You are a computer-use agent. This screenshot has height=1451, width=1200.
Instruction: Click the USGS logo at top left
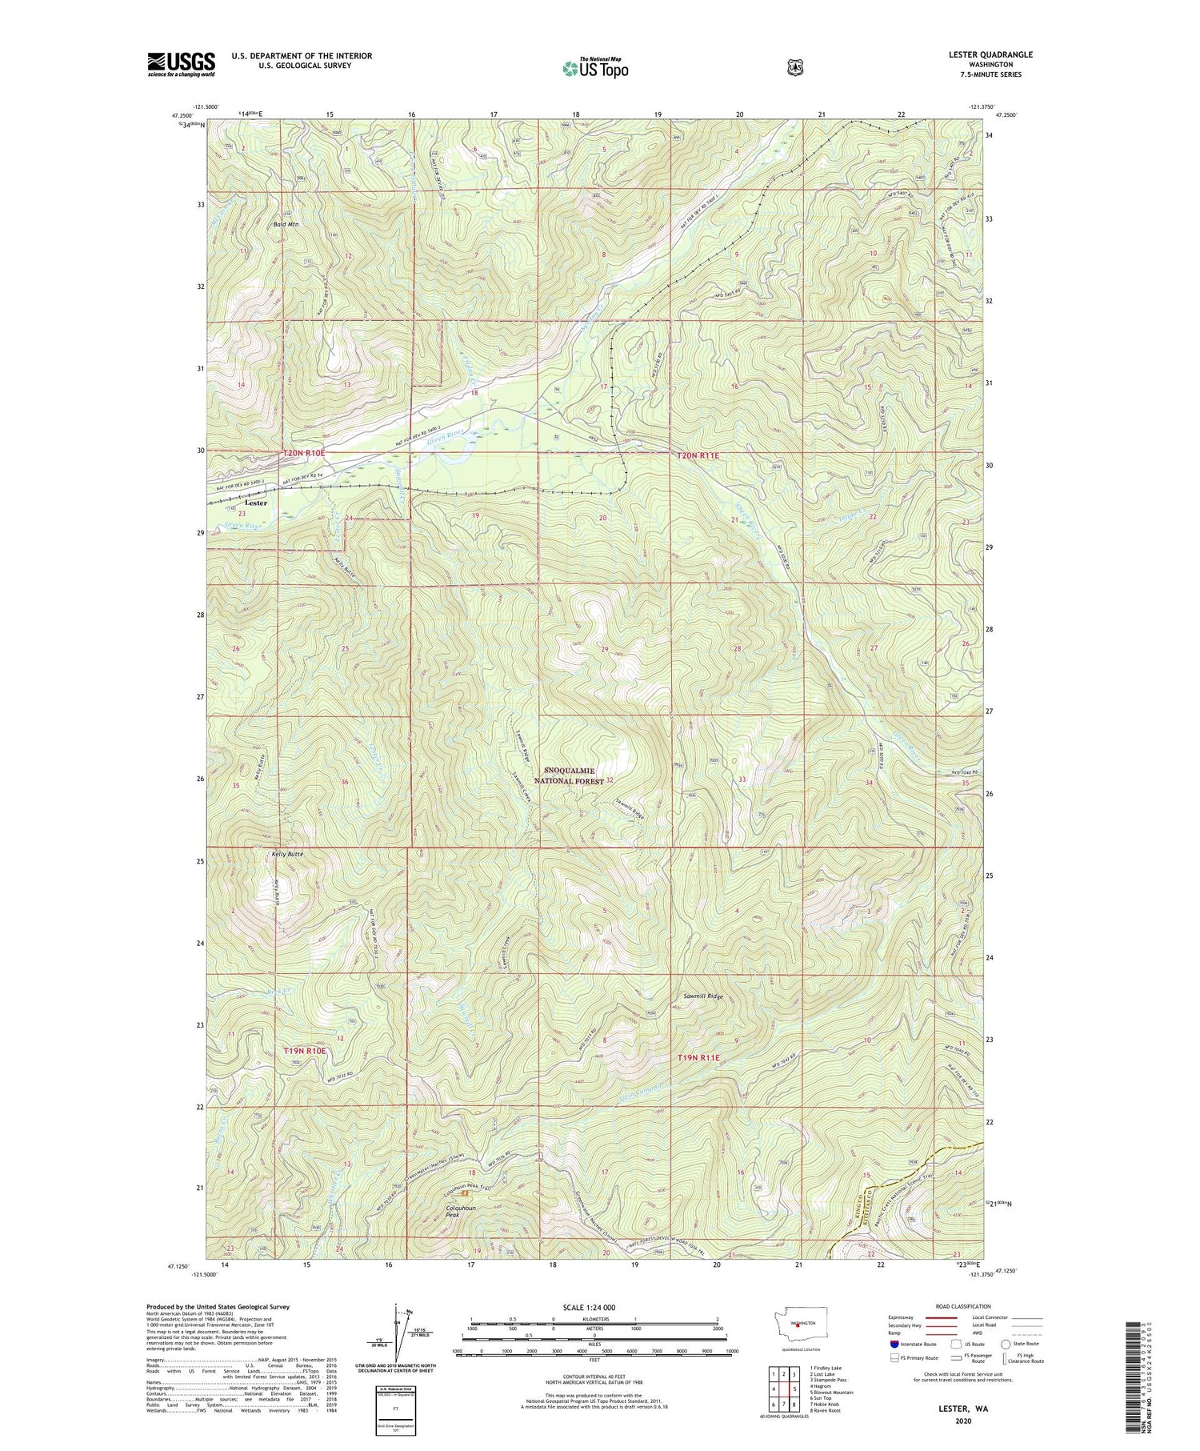click(x=181, y=64)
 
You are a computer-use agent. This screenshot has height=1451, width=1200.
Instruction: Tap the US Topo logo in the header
click(x=595, y=68)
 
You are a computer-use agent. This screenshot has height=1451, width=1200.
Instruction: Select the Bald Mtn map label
click(x=286, y=225)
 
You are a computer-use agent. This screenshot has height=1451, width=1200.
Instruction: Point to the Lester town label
click(x=256, y=503)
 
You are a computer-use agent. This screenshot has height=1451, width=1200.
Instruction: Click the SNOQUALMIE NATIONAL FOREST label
click(x=569, y=776)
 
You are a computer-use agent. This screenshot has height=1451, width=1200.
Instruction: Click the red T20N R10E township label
click(x=305, y=453)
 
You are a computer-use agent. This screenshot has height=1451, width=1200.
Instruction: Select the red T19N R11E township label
click(x=698, y=1057)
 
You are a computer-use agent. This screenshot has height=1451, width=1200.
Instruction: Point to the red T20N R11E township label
click(x=698, y=455)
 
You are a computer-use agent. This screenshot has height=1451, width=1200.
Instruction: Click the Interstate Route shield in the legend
click(x=894, y=1344)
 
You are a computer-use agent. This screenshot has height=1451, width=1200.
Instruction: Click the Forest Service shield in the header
click(x=794, y=68)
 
